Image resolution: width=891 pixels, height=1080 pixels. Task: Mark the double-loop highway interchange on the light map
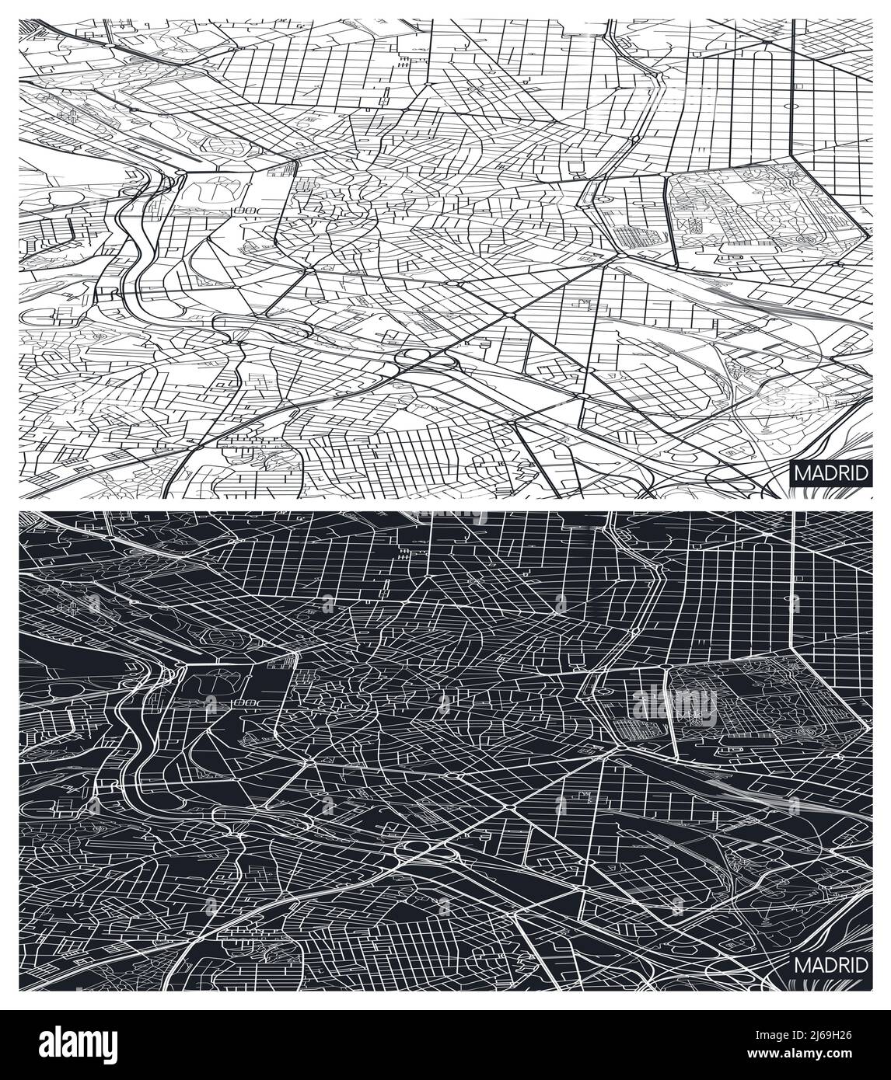pyautogui.click(x=420, y=358)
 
